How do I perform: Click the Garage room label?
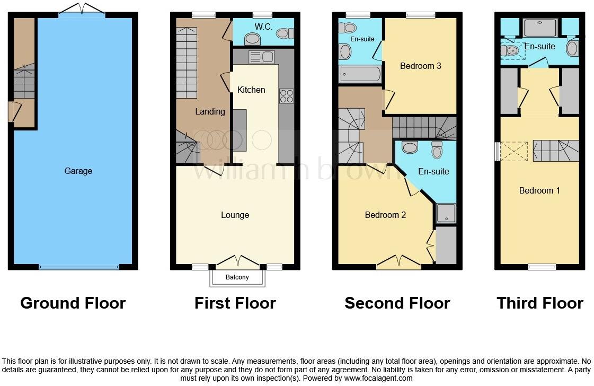(x=78, y=171)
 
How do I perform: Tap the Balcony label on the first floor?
(x=237, y=277)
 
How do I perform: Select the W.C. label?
(x=263, y=27)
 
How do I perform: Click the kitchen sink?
(x=261, y=57)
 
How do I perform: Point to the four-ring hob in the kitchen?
(x=286, y=96)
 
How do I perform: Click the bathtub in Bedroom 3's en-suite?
(x=360, y=74)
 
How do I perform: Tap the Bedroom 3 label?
(x=421, y=66)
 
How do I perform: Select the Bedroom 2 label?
(x=385, y=215)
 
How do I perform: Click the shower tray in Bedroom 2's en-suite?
(x=445, y=213)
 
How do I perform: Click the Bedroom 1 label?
(x=539, y=190)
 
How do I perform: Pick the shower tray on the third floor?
(x=539, y=27)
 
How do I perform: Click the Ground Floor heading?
(x=73, y=303)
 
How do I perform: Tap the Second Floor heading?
(x=397, y=303)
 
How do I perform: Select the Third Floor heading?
(x=539, y=303)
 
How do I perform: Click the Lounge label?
(x=235, y=215)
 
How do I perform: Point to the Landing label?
(x=210, y=111)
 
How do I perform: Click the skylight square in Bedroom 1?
(x=514, y=151)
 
